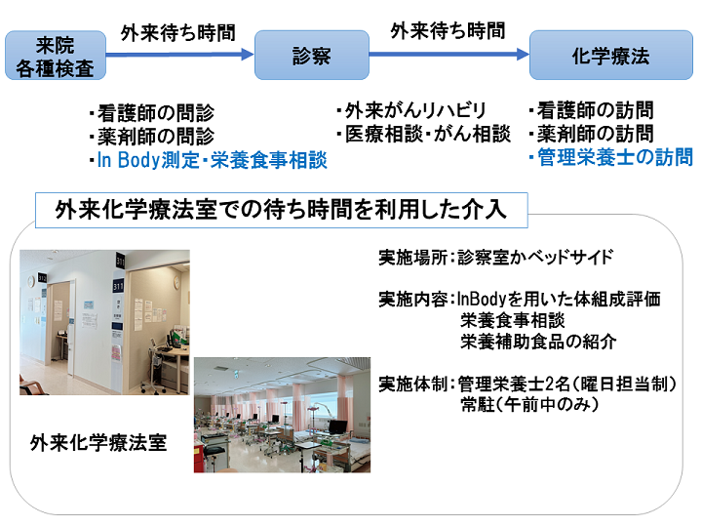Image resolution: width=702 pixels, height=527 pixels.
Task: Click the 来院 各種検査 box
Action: [x=56, y=56]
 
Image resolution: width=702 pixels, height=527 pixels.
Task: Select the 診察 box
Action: [x=312, y=55]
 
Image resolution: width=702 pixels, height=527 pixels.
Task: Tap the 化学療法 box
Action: [x=611, y=55]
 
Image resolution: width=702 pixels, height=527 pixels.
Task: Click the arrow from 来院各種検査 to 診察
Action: [x=180, y=55]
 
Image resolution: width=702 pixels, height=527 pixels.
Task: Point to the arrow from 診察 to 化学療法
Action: [x=449, y=55]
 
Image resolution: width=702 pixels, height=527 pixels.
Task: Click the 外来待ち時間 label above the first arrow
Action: [x=177, y=33]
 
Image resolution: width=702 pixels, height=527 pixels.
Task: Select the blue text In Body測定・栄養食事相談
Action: [x=209, y=160]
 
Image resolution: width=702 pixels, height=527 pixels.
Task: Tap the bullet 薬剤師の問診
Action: [x=152, y=137]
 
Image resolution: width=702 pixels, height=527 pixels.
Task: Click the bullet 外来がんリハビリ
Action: [x=411, y=110]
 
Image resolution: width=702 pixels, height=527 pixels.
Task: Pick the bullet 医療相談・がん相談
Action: [x=423, y=134]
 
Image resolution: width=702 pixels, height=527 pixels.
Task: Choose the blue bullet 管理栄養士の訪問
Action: [x=610, y=157]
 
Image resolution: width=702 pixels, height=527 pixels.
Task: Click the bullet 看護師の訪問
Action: [x=592, y=110]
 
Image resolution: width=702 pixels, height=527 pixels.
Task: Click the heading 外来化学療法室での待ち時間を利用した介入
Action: [x=281, y=210]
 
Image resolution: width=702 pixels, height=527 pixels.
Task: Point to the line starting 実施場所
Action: [x=496, y=258]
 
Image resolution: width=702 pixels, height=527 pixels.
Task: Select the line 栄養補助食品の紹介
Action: [x=538, y=342]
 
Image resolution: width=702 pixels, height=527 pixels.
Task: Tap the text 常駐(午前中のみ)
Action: [x=529, y=405]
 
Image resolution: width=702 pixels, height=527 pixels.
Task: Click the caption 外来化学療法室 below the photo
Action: [x=98, y=443]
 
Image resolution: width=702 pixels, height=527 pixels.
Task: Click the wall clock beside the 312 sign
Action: [x=31, y=282]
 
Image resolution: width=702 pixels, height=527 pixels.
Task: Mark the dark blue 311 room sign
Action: [x=118, y=286]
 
